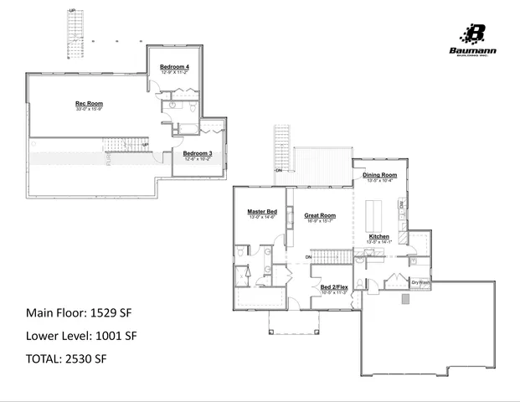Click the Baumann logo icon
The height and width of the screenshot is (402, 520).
coord(476,33)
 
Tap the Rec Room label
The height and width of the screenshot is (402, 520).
coord(89,104)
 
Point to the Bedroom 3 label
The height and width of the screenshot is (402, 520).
coord(198,153)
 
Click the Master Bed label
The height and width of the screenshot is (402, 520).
coord(262,212)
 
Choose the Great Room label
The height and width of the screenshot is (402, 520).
coord(319,215)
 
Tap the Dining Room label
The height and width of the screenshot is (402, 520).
coord(381,174)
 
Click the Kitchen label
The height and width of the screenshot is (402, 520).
coord(379,237)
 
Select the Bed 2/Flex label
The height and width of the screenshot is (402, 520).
coord(335,287)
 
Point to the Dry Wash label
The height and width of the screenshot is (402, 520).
coord(420,281)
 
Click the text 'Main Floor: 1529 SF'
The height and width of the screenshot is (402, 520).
coord(79,313)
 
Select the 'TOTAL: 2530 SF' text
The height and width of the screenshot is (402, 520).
coord(66,358)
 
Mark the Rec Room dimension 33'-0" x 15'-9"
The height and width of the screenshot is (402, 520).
coord(89,110)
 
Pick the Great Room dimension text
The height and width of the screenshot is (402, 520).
coord(319,221)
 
